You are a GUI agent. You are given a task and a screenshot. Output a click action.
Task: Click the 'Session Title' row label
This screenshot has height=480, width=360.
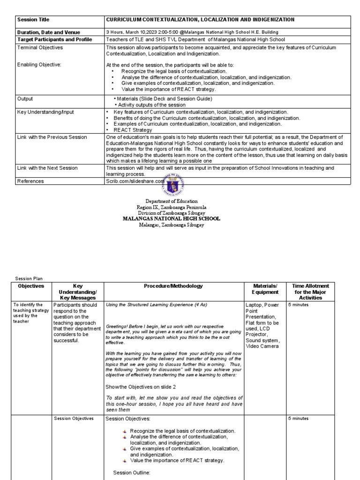point(33,20)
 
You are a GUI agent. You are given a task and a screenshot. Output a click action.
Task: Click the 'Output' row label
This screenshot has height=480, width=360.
point(25,99)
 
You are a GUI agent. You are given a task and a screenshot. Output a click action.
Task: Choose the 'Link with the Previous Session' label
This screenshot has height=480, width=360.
point(52,137)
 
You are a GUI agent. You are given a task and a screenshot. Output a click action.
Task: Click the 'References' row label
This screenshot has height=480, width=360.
point(30,181)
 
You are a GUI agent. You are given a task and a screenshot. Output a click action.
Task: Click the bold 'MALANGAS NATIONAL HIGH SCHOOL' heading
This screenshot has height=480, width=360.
point(171,219)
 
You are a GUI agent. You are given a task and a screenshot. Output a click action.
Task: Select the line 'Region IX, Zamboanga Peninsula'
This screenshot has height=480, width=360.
point(171,207)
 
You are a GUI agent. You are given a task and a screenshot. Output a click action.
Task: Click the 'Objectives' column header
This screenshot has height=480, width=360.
point(31,286)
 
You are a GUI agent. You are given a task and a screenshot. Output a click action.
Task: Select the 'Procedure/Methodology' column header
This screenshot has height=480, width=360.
point(173,286)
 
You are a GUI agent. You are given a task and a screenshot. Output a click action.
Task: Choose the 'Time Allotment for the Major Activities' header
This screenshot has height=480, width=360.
point(310,292)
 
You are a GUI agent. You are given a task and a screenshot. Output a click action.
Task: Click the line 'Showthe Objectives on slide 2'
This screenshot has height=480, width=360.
point(141,386)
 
